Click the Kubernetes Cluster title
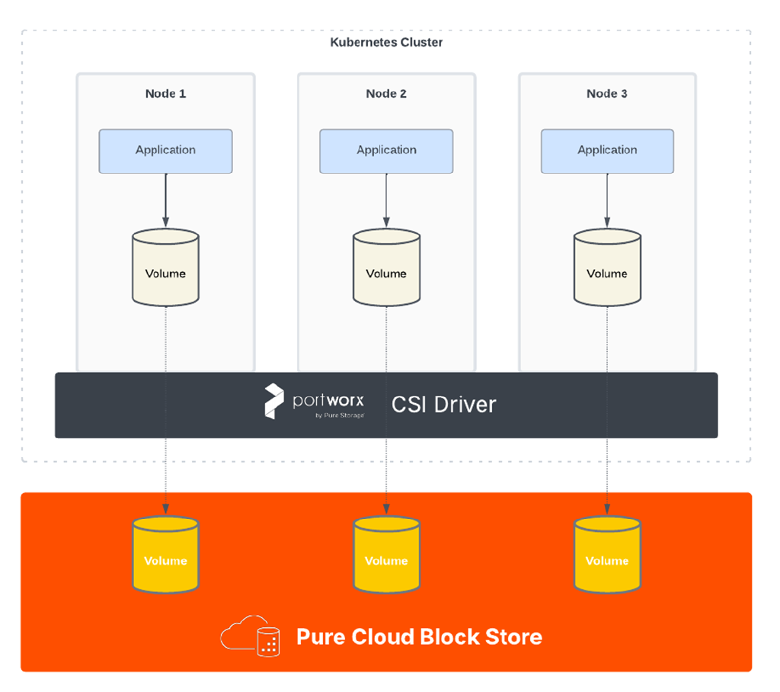point(386,43)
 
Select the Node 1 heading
point(165,94)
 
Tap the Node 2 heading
point(386,94)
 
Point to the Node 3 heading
point(607,94)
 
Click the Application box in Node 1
point(165,150)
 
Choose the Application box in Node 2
point(386,150)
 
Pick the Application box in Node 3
point(607,150)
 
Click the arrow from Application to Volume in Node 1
point(165,200)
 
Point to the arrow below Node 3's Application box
point(607,200)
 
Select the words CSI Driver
point(443,404)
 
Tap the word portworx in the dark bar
point(328,400)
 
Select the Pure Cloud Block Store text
point(419,636)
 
